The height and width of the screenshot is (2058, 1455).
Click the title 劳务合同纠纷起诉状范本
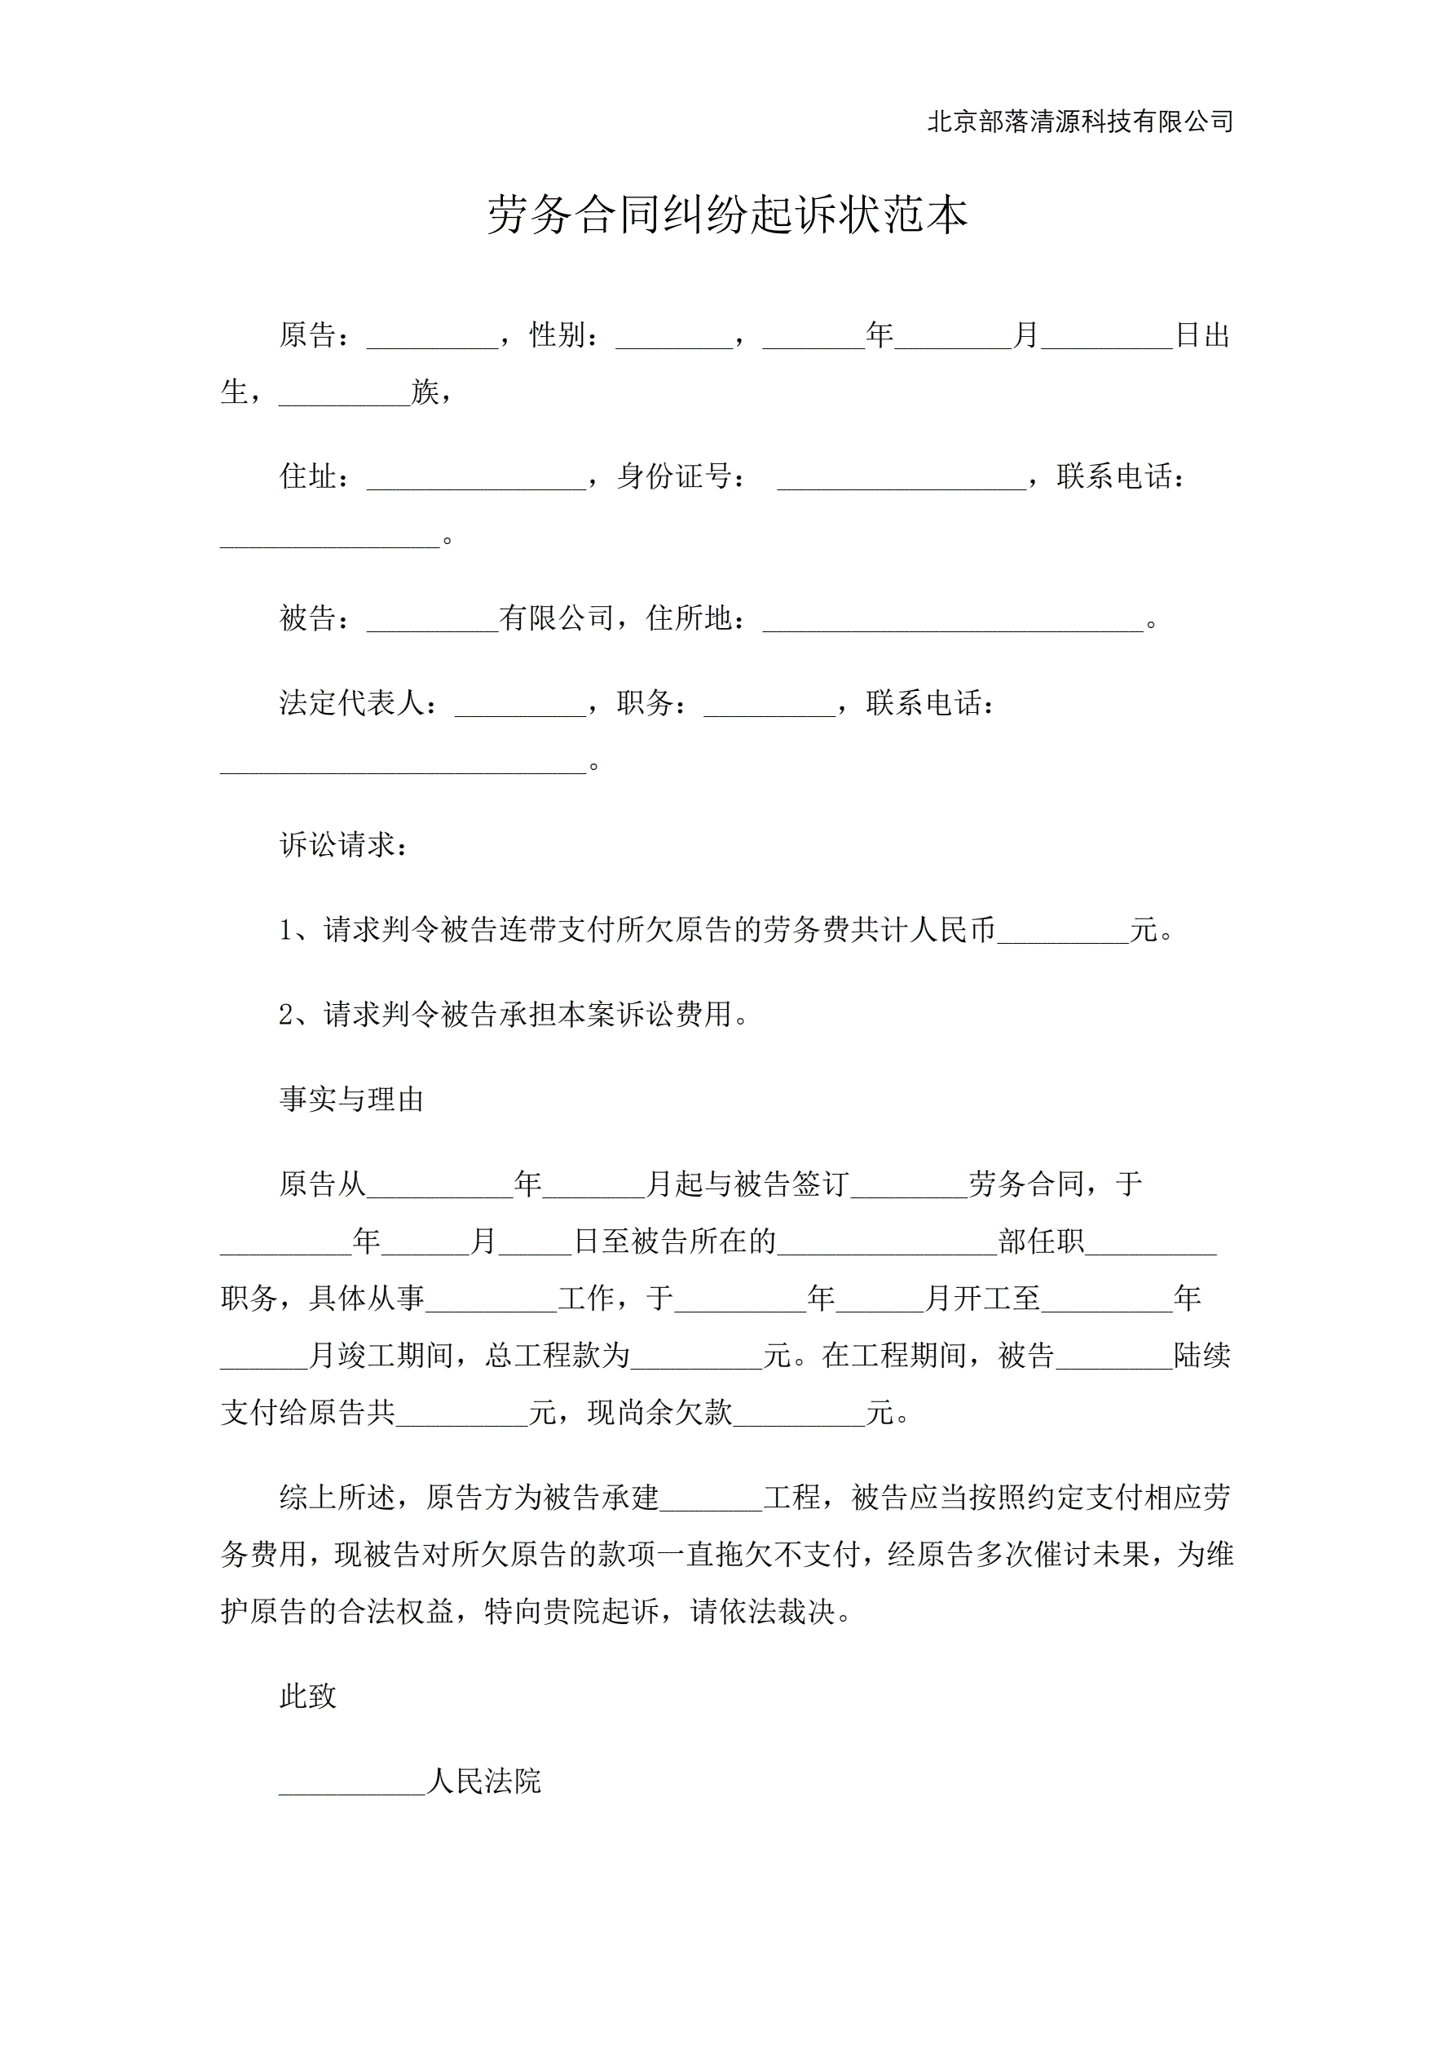[x=726, y=215]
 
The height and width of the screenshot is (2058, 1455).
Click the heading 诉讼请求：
[x=344, y=844]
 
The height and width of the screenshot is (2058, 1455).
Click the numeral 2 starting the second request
[x=286, y=1015]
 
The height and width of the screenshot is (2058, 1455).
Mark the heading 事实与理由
[x=351, y=1099]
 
